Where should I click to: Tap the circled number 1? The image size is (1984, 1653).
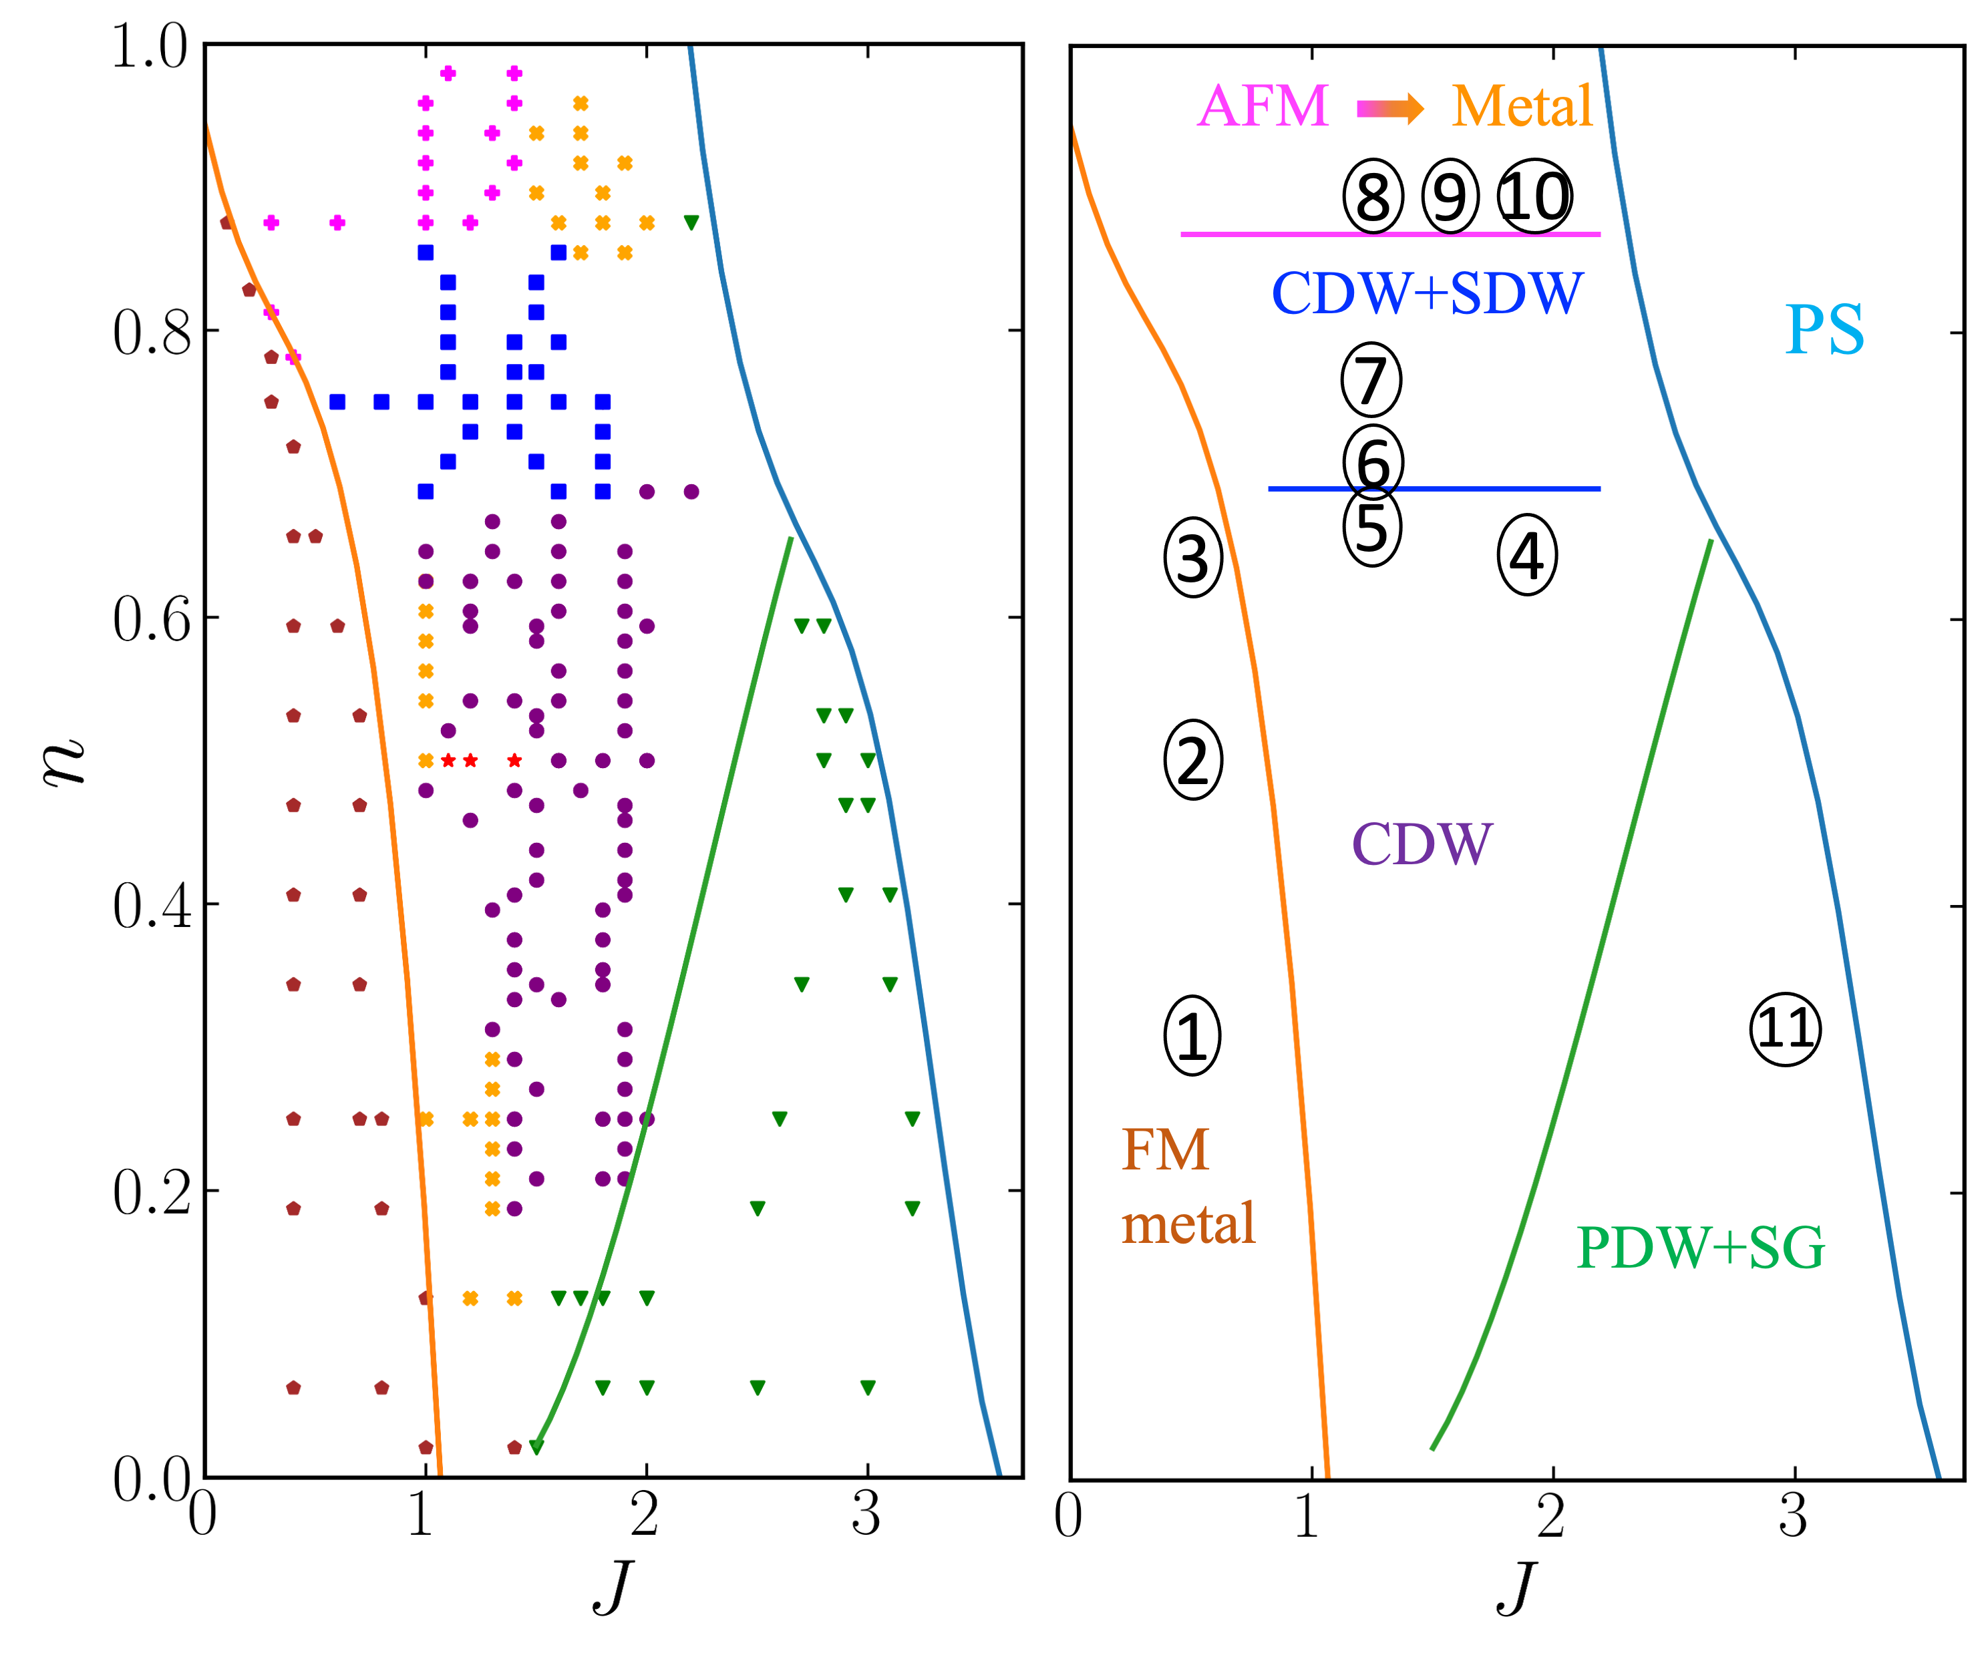point(1191,1035)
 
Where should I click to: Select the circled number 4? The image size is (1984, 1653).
point(1526,556)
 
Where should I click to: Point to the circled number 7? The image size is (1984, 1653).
point(1371,380)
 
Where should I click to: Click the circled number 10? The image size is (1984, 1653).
point(1535,196)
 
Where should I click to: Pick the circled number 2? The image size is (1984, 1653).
point(1192,760)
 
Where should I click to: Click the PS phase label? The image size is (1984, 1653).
point(1824,330)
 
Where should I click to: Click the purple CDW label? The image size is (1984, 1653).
point(1422,844)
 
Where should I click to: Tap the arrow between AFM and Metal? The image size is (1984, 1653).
point(1389,109)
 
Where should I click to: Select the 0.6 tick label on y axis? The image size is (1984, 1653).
point(151,620)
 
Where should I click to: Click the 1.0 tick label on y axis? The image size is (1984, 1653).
point(151,46)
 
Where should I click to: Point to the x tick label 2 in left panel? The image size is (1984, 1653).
point(645,1516)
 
